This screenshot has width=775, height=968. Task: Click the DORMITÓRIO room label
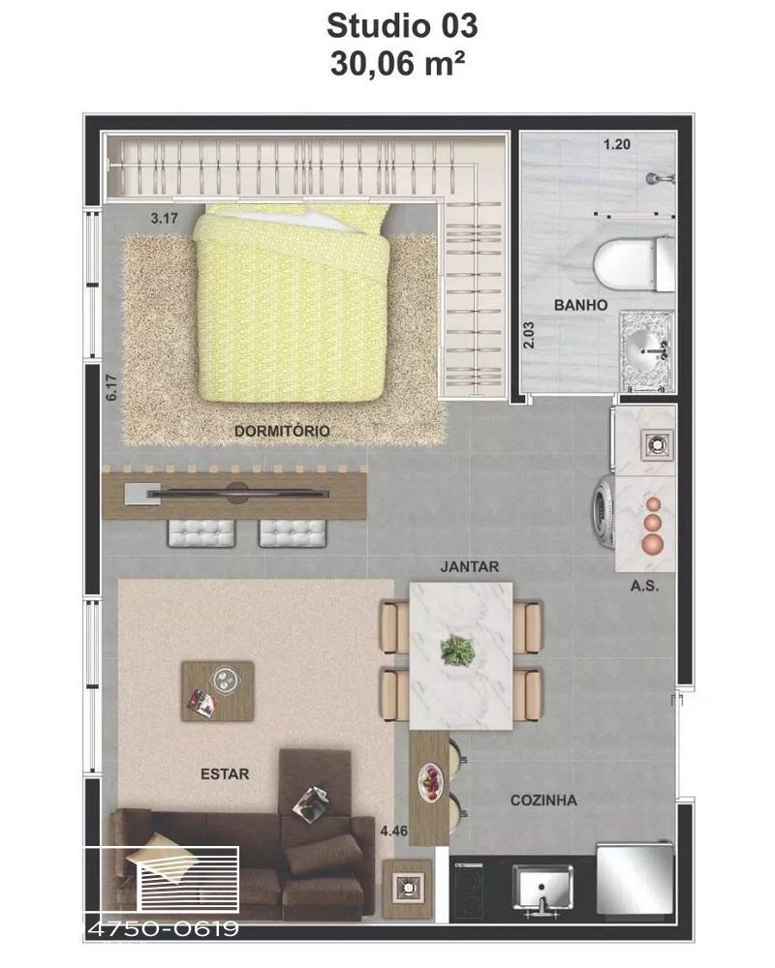282,431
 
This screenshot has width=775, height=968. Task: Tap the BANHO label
580,305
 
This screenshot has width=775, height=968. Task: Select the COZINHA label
543,801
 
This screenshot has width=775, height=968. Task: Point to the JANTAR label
469,566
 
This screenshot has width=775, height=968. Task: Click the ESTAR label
225,774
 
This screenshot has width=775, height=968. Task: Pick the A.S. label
644,586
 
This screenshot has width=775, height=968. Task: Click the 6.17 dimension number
111,388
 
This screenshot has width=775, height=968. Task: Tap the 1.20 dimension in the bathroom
616,144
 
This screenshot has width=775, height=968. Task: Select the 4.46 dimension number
393,831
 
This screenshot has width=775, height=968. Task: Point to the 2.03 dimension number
529,335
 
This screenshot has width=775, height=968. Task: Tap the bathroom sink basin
645,348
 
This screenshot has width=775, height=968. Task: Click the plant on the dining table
457,650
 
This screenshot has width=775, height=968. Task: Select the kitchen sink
542,888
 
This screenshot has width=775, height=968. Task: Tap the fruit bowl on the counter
430,783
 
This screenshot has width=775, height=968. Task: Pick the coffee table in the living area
218,691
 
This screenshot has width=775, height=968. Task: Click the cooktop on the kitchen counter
470,892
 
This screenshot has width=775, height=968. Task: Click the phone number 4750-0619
165,928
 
